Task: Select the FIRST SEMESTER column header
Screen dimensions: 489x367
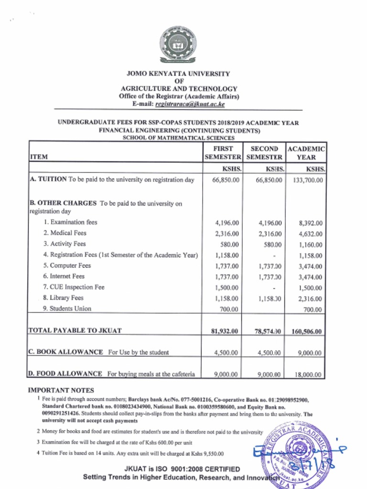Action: pyautogui.click(x=223, y=153)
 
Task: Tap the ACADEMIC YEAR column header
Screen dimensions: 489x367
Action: pyautogui.click(x=306, y=153)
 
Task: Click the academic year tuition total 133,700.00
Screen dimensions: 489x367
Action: pyautogui.click(x=307, y=180)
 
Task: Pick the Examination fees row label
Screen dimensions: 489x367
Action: pyautogui.click(x=70, y=223)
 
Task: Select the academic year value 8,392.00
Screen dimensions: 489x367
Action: pyautogui.click(x=310, y=223)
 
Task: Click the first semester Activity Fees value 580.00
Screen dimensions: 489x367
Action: pyautogui.click(x=228, y=244)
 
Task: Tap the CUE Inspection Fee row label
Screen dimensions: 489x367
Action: pyautogui.click(x=74, y=287)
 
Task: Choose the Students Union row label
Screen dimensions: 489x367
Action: pyautogui.click(x=67, y=309)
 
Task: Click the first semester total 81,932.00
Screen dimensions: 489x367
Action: pyautogui.click(x=224, y=331)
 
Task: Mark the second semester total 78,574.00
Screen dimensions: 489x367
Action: pyautogui.click(x=265, y=331)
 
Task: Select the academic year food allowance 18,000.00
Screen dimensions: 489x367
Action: pyautogui.click(x=308, y=375)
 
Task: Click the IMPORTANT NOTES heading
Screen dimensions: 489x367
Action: pyautogui.click(x=61, y=390)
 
